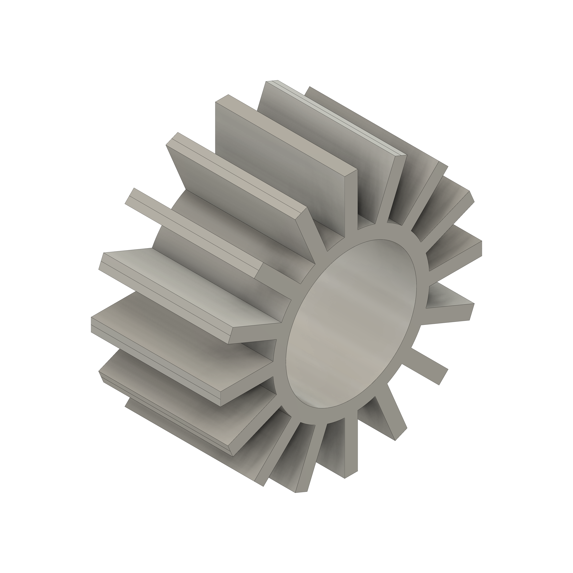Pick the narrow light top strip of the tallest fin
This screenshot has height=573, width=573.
341,119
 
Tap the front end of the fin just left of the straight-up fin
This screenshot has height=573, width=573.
314,234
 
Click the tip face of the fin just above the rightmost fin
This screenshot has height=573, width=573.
472,197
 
